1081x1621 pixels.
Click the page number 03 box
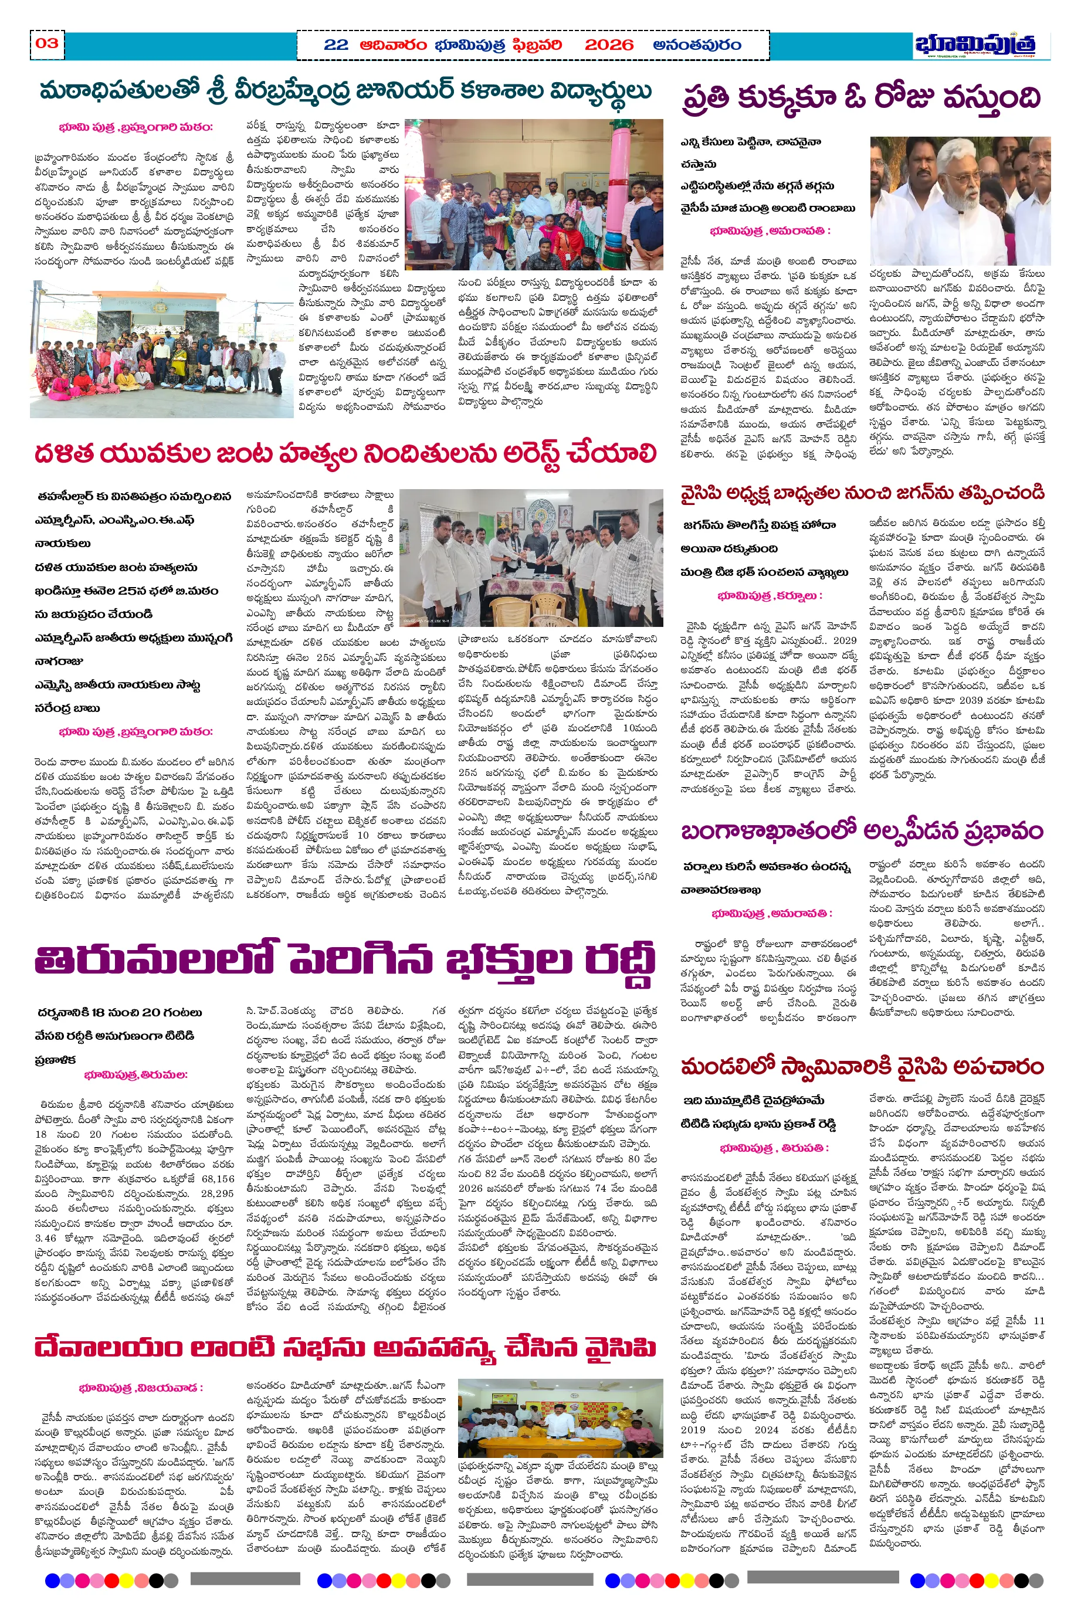pyautogui.click(x=47, y=44)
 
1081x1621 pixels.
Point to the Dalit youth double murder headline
pyautogui.click(x=345, y=453)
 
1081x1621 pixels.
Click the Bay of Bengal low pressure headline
pyautogui.click(x=862, y=831)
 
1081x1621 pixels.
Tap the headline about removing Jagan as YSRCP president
pyautogui.click(x=862, y=493)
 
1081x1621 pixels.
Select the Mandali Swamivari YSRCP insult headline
pyautogui.click(x=862, y=1066)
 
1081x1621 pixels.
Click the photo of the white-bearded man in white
pyautogui.click(x=959, y=201)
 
